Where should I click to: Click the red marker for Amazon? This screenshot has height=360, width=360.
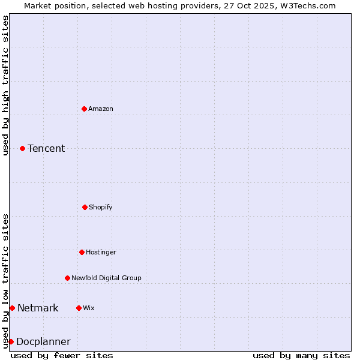coord(85,109)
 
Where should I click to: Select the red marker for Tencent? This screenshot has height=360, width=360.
coord(23,148)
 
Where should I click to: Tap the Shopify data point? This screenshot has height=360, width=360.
coord(85,207)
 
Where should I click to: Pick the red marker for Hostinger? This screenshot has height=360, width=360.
coord(82,252)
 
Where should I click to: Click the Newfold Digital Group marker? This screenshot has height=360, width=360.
coord(67,278)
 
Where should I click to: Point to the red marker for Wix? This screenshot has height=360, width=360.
coord(79,308)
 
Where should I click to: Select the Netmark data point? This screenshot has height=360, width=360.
coord(12,308)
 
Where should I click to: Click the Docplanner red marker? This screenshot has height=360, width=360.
coord(11,341)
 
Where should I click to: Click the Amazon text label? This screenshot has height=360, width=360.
coord(101,109)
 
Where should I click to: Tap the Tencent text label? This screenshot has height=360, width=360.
coord(46,148)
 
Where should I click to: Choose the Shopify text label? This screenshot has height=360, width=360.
coord(101,207)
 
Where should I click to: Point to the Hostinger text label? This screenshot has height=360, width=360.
coord(101,252)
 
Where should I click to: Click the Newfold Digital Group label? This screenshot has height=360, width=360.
coord(106,278)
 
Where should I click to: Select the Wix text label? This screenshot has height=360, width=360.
coord(89,308)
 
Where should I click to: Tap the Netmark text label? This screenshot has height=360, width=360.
coord(38,308)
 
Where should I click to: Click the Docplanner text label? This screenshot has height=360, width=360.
coord(43,341)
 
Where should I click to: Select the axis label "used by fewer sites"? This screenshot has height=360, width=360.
coord(62,355)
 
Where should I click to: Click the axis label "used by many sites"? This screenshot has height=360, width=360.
coord(301,355)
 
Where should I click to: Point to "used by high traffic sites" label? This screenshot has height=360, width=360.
coord(5,85)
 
